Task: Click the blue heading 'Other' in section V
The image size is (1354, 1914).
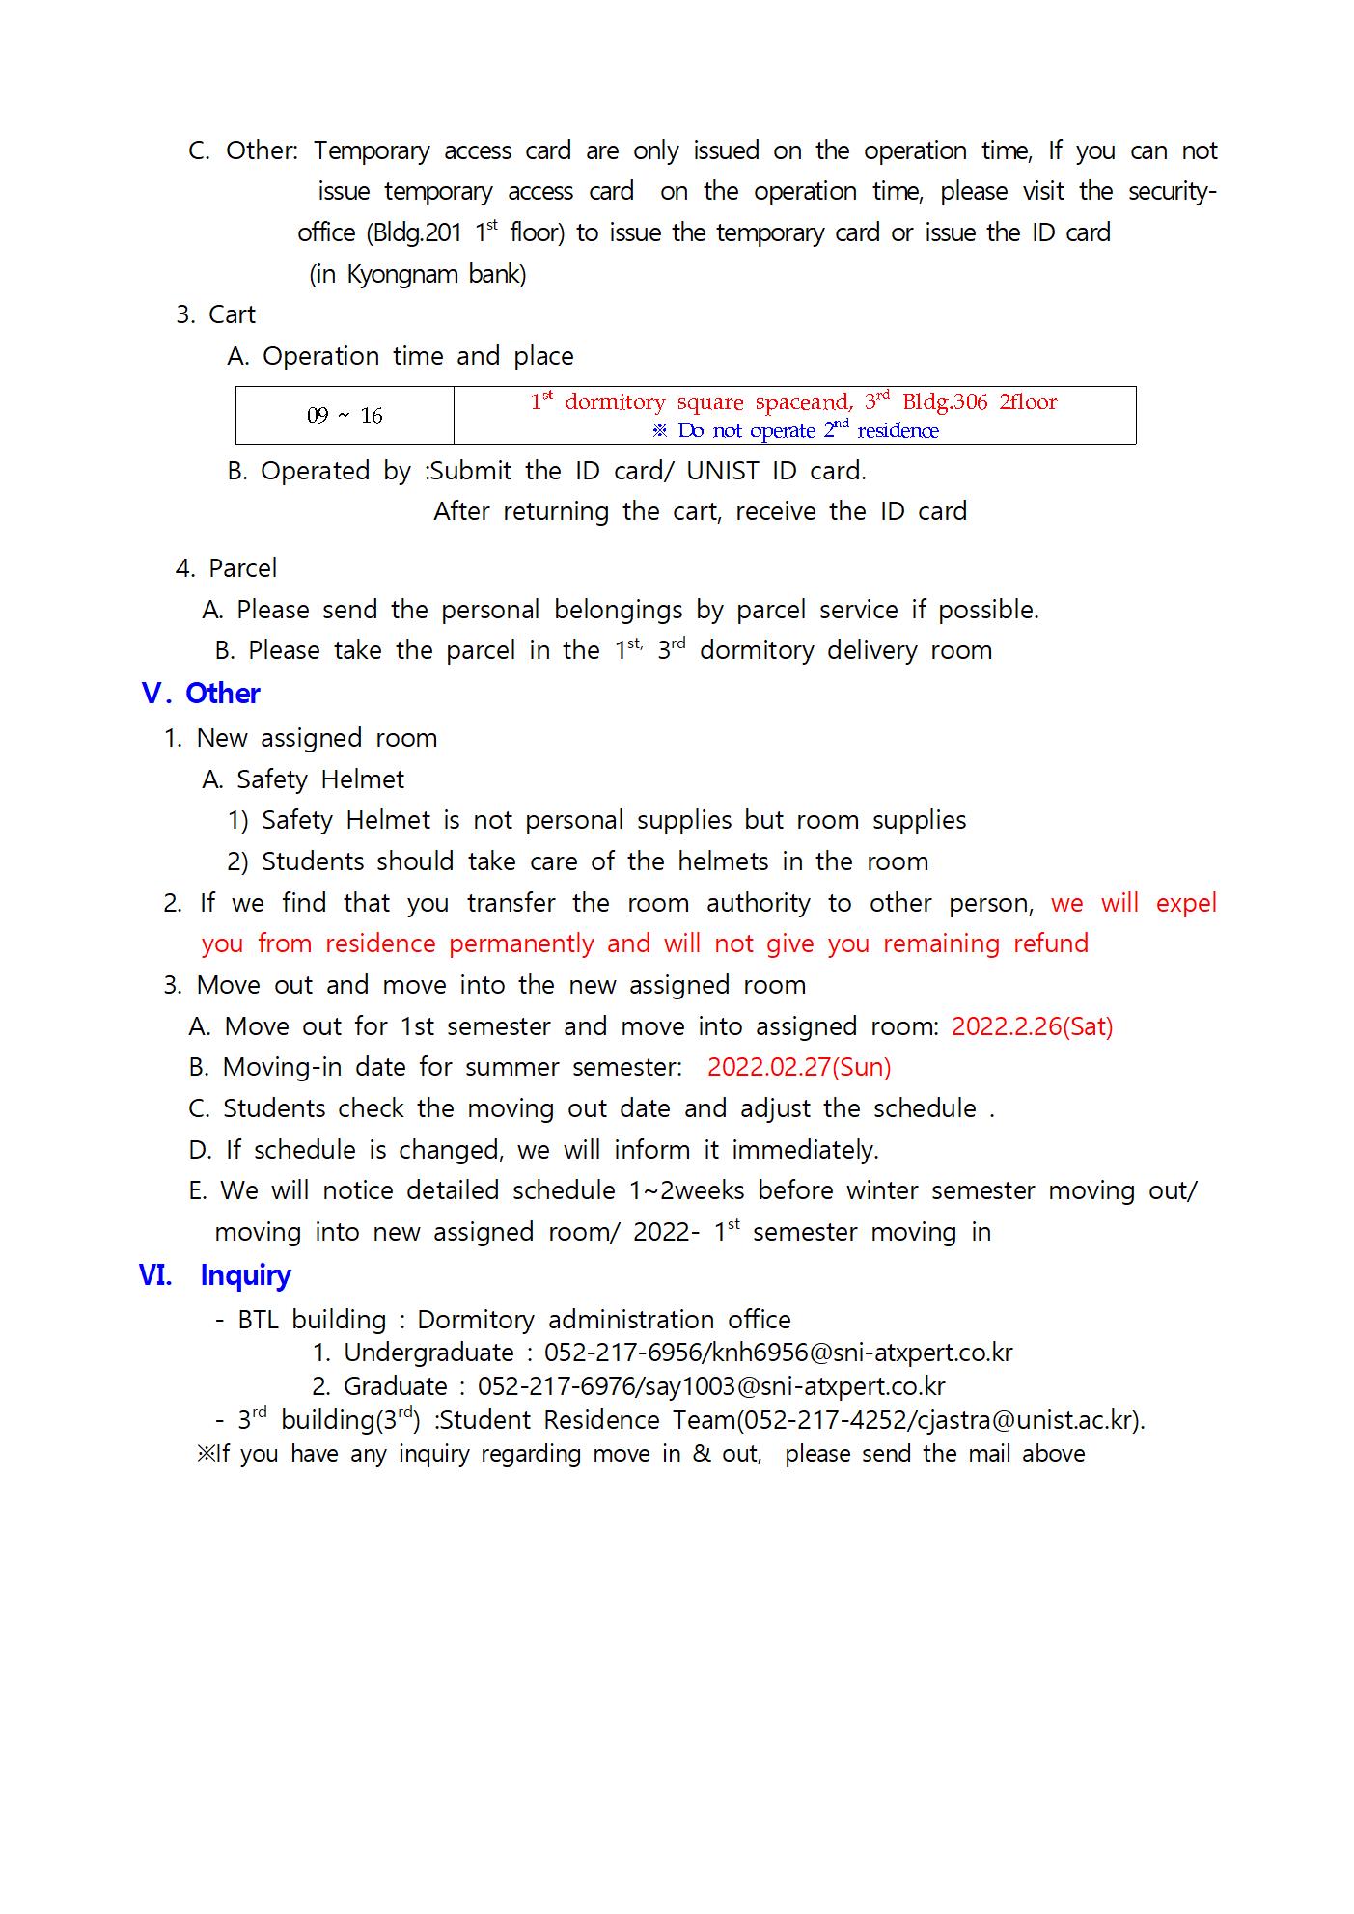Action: pyautogui.click(x=223, y=694)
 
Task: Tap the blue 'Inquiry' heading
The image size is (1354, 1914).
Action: pyautogui.click(x=245, y=1275)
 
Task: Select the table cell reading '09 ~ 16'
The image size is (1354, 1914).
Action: pyautogui.click(x=345, y=416)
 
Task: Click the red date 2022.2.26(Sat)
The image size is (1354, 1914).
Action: pyautogui.click(x=1032, y=1026)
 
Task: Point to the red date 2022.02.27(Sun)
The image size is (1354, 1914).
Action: pyautogui.click(x=799, y=1067)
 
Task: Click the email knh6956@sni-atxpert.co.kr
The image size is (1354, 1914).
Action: pyautogui.click(x=862, y=1353)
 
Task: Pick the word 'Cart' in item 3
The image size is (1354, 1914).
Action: pyautogui.click(x=232, y=315)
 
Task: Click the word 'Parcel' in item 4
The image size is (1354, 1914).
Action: pyautogui.click(x=242, y=568)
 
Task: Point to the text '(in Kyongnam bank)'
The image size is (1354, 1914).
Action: pyautogui.click(x=418, y=275)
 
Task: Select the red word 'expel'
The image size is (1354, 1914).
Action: pyautogui.click(x=1185, y=903)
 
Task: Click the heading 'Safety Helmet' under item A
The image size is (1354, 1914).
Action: pyautogui.click(x=320, y=779)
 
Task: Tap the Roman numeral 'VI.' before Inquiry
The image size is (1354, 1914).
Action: pyautogui.click(x=155, y=1275)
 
